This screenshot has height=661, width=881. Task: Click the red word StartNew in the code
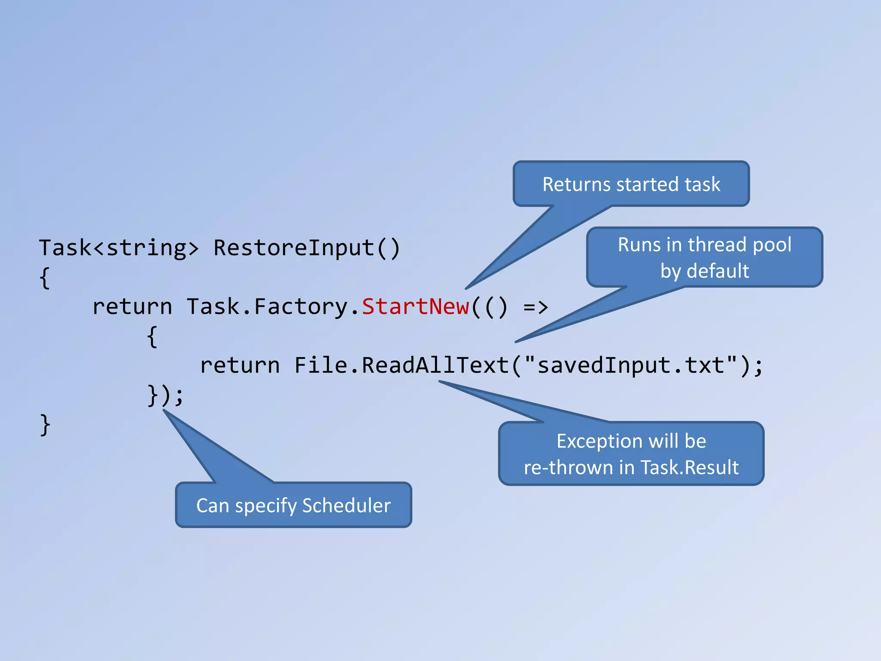(x=415, y=307)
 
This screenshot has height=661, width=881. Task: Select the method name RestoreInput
(x=294, y=248)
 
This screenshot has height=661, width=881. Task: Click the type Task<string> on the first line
(x=119, y=248)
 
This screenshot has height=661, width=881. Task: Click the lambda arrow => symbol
(x=536, y=307)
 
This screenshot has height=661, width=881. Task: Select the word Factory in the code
(x=300, y=307)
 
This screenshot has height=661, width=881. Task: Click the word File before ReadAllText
(x=320, y=365)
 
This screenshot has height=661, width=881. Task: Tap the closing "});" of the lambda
(x=165, y=395)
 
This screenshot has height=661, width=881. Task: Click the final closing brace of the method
(x=45, y=425)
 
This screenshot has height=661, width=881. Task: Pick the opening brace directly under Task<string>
(x=45, y=278)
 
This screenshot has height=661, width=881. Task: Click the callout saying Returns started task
(x=631, y=184)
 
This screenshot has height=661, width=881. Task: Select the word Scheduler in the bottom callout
(x=346, y=505)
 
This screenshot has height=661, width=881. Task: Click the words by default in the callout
(x=705, y=271)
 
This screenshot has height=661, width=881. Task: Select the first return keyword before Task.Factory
(x=132, y=307)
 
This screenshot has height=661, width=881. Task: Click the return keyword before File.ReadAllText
(x=240, y=365)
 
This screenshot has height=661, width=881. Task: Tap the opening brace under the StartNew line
(x=152, y=337)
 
